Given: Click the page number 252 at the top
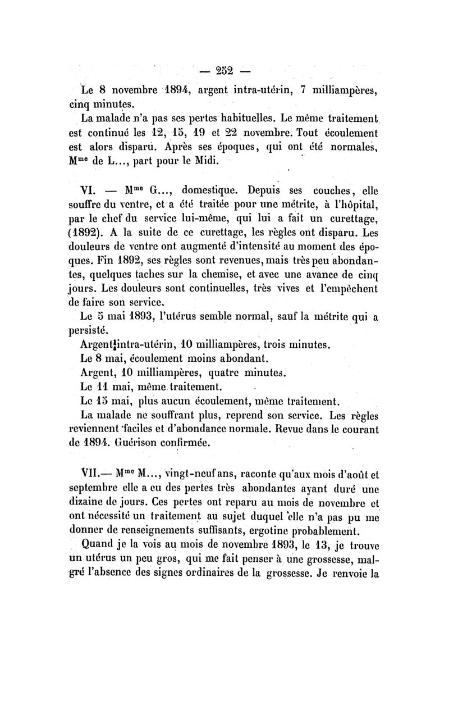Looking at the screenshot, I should [224, 71].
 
